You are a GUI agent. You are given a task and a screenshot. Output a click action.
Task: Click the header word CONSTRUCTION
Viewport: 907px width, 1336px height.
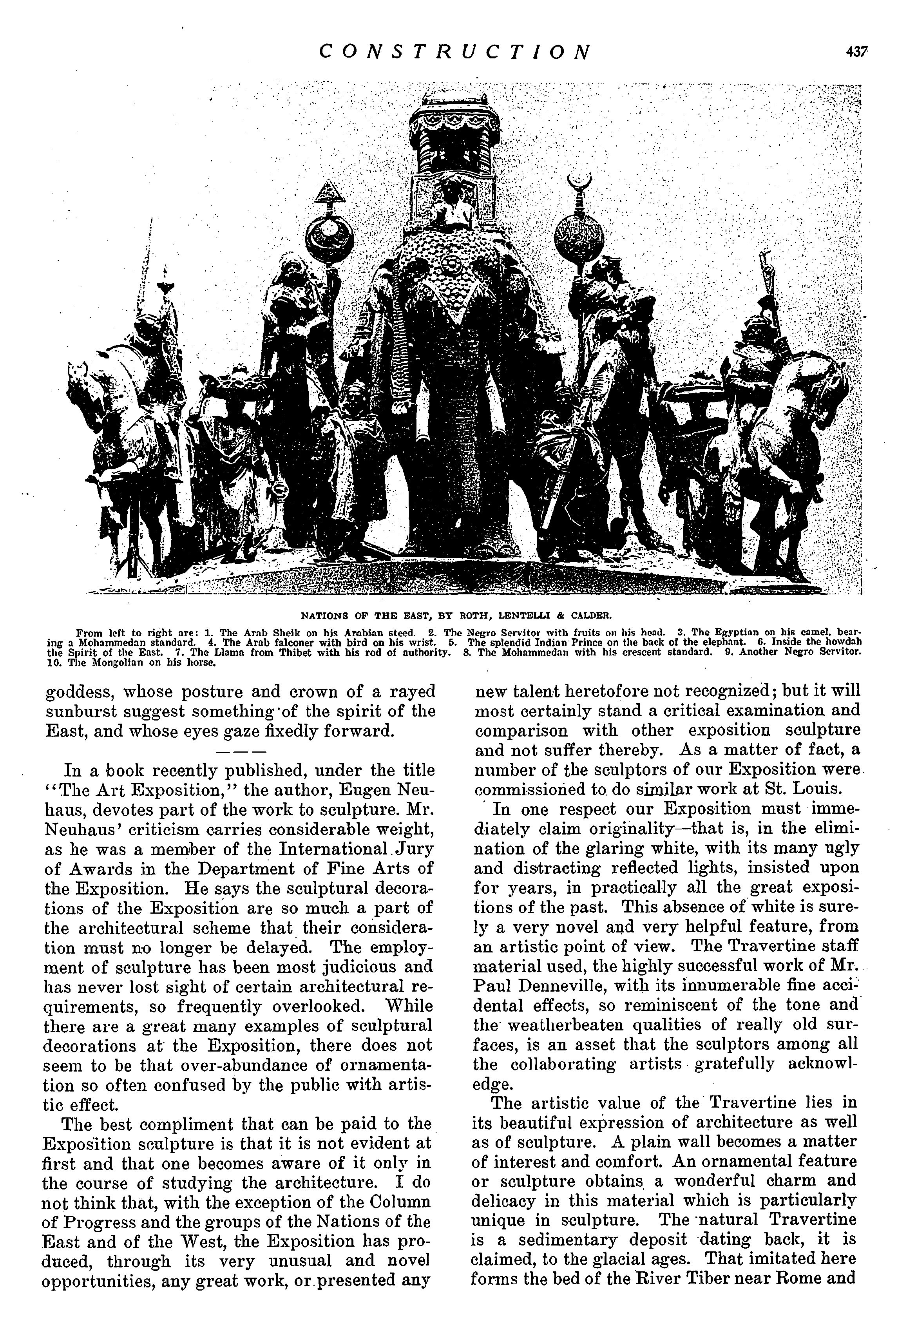(454, 52)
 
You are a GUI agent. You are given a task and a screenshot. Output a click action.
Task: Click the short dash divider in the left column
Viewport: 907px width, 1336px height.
(240, 751)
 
